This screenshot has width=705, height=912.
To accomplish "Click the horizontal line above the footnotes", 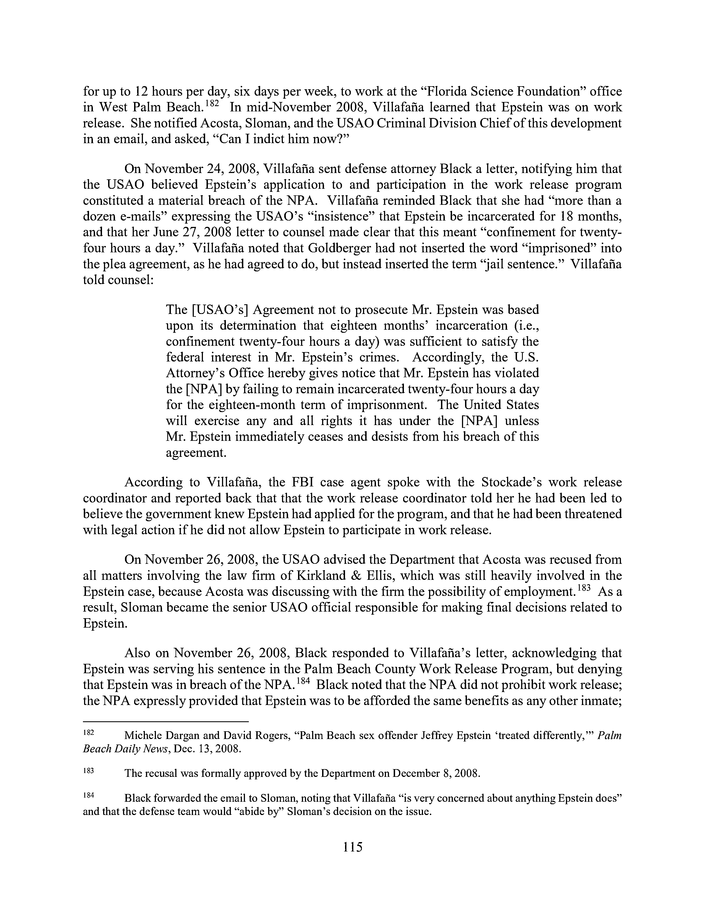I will tap(166, 721).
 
